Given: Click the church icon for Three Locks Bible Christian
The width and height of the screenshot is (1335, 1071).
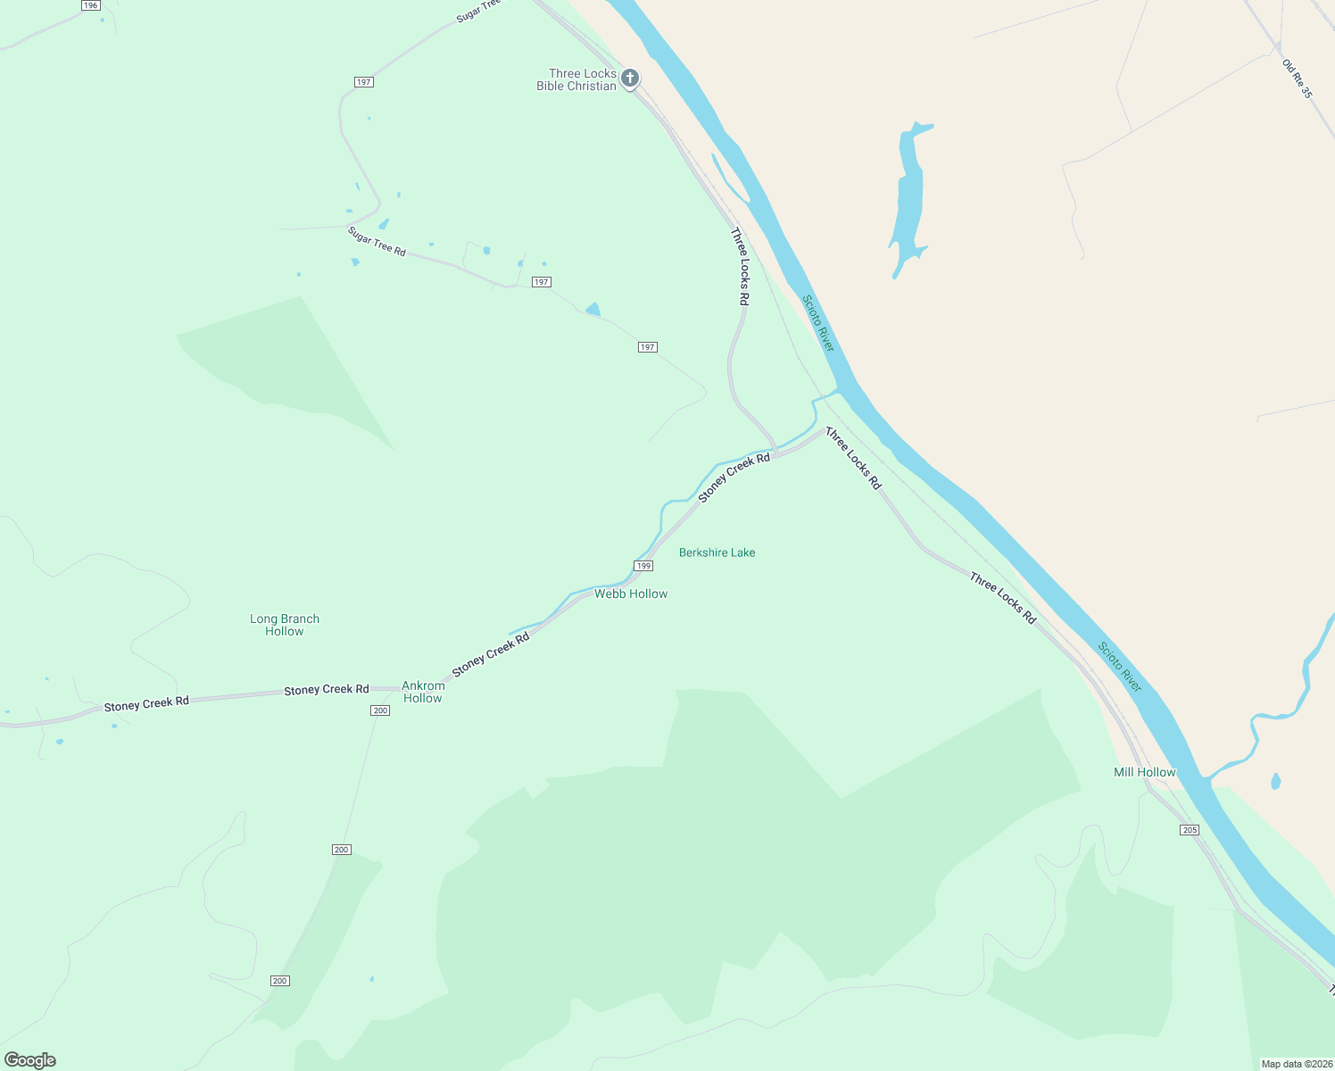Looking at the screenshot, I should (630, 79).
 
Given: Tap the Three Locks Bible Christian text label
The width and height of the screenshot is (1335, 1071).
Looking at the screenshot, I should (576, 79).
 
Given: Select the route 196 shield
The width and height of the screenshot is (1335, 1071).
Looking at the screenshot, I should (90, 5).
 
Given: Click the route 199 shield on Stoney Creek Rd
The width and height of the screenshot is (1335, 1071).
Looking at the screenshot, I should (643, 566).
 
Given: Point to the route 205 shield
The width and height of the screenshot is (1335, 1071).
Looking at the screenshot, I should (1190, 830).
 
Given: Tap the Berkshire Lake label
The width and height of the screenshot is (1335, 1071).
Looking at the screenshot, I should (717, 552).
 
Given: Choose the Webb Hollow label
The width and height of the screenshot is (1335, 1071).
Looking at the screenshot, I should (631, 594).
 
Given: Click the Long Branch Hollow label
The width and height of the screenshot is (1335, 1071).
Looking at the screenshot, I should (285, 625).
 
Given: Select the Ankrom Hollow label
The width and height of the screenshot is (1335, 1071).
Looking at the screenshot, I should (423, 692).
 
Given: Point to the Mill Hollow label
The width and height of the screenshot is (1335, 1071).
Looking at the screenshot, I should (1145, 772).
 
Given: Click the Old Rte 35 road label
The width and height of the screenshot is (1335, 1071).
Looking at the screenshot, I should (1298, 79).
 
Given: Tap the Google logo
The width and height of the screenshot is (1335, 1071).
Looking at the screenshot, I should (30, 1060).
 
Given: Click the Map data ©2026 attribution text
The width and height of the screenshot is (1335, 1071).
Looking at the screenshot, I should (1297, 1064).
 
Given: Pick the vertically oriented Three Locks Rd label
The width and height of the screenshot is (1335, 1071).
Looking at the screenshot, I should (739, 267).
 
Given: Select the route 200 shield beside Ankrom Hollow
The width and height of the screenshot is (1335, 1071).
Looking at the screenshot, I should (380, 710).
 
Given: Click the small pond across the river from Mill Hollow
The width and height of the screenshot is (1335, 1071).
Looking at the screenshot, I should (1275, 782).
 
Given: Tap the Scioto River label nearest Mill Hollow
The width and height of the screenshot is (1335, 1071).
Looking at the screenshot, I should (1120, 667).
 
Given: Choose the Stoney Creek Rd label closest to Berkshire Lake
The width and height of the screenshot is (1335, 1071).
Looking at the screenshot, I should (734, 477).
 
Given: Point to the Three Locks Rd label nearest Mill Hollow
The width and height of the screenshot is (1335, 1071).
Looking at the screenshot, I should (1003, 598).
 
